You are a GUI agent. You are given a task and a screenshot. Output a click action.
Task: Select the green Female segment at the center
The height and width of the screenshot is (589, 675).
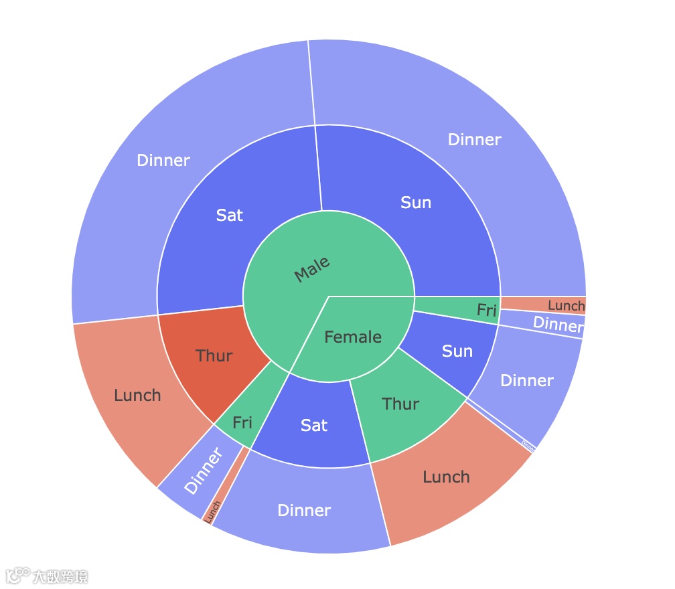[x=353, y=337]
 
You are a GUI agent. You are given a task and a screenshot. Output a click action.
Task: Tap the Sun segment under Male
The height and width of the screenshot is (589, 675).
[x=415, y=202]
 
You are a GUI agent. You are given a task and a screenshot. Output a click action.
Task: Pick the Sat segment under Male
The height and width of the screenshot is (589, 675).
[x=229, y=215]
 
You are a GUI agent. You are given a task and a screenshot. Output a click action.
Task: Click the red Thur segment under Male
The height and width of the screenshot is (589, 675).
[x=214, y=355]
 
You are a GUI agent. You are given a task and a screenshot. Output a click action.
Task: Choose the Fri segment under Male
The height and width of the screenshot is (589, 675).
[x=242, y=422]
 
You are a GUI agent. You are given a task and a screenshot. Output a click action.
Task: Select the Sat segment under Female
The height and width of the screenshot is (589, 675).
[x=314, y=425]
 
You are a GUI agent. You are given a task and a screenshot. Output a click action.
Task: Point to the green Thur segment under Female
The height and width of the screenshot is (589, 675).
[x=400, y=404]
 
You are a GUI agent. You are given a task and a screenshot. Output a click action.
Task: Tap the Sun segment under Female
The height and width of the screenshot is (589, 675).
[x=457, y=351]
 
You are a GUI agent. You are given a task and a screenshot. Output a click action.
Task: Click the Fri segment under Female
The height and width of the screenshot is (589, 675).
[x=486, y=310]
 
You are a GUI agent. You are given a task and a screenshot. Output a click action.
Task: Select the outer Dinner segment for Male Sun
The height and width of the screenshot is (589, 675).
[x=474, y=139]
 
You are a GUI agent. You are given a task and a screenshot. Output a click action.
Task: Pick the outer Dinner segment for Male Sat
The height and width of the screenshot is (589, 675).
[x=163, y=160]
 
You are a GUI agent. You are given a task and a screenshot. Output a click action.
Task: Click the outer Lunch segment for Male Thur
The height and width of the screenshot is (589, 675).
[x=137, y=395]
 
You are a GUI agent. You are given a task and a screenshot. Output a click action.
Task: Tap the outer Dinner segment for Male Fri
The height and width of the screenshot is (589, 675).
[x=203, y=471]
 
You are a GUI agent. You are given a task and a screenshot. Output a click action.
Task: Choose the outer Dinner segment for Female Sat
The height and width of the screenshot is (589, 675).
[x=304, y=511]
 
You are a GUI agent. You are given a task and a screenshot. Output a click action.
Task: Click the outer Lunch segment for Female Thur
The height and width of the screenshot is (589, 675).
[x=446, y=477]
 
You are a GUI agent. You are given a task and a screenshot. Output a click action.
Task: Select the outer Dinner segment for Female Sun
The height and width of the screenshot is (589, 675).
[x=527, y=380]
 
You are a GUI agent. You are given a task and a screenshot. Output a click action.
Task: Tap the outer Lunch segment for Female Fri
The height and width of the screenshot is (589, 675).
[x=565, y=305]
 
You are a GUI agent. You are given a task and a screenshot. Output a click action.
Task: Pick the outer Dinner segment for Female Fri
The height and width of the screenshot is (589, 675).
[x=558, y=325]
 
